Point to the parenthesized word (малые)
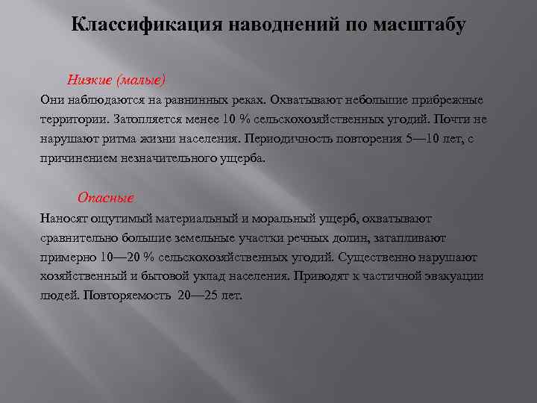139,79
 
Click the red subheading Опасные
106,198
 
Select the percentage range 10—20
117,257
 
